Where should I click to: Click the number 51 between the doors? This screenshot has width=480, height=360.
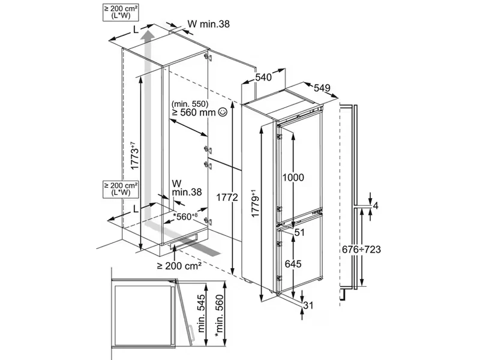coord(300,232)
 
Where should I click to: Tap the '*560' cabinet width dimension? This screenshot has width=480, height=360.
coord(185,217)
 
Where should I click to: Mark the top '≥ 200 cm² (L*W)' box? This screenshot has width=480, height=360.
coord(122,12)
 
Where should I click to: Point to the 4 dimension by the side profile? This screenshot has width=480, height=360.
coord(376,206)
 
